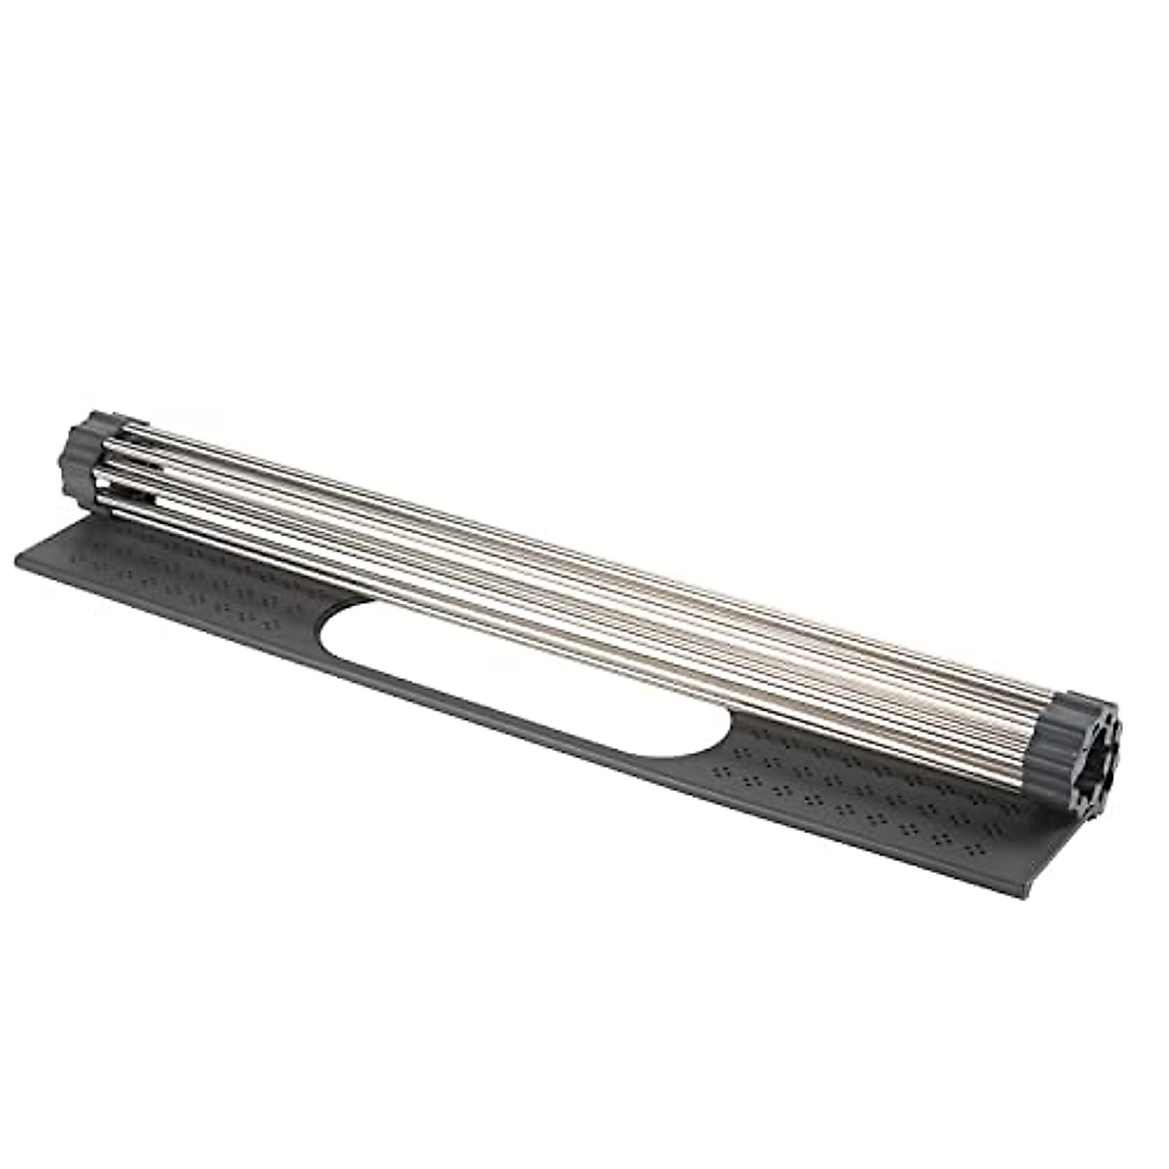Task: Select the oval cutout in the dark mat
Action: pyautogui.click(x=526, y=677)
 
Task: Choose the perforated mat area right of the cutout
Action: pyautogui.click(x=877, y=789)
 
